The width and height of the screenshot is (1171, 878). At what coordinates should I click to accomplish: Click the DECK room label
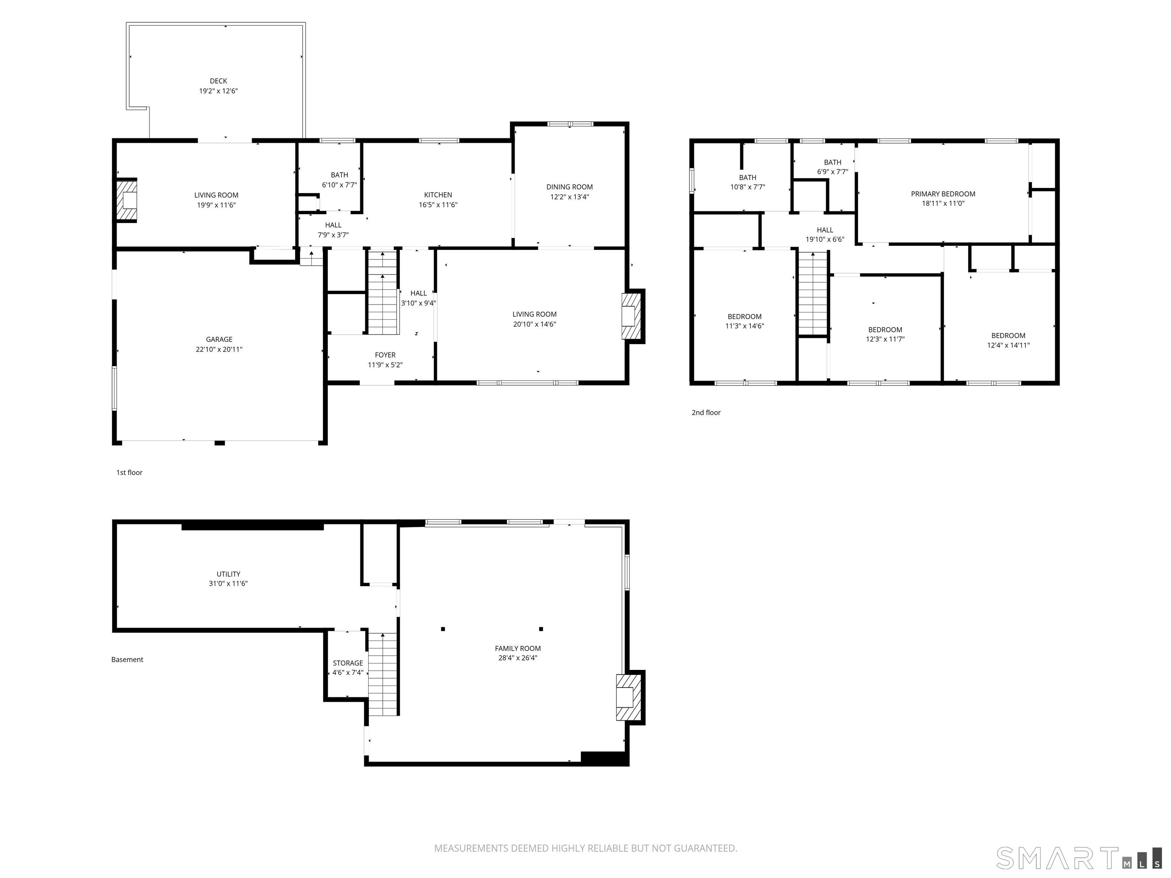[218, 81]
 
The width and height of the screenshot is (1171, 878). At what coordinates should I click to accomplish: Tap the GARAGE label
[219, 339]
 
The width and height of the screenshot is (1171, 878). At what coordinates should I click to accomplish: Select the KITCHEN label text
[438, 195]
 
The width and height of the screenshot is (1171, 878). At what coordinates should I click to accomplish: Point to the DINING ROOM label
[569, 187]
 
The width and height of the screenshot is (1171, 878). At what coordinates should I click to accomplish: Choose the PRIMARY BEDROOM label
[943, 194]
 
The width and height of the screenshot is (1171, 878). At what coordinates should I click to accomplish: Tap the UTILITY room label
[228, 574]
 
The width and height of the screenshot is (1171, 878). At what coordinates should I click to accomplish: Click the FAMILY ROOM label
[518, 648]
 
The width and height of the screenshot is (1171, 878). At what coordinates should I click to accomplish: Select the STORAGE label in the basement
[348, 663]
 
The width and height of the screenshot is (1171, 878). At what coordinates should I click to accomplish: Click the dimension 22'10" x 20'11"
[219, 349]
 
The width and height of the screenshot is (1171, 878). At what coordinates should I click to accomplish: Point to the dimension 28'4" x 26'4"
[518, 658]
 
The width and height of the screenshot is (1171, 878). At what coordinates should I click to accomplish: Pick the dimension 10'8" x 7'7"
[748, 187]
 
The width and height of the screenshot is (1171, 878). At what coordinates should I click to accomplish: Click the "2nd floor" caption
[706, 412]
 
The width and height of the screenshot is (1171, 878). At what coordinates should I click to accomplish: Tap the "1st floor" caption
[129, 473]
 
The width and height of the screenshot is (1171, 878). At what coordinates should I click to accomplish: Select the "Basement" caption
[127, 659]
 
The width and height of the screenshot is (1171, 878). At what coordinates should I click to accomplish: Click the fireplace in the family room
[628, 697]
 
